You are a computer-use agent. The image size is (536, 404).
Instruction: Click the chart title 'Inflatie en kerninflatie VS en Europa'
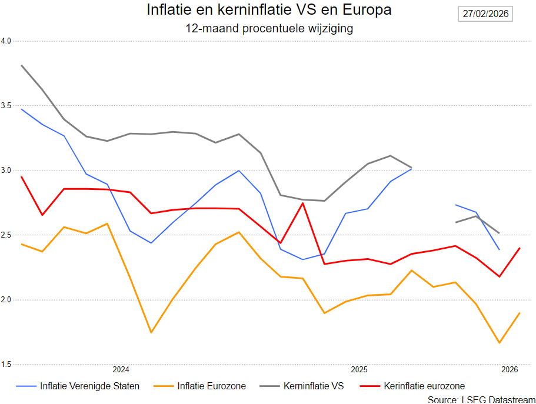click(268, 11)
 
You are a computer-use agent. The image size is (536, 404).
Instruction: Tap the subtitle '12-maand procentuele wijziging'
click(269, 28)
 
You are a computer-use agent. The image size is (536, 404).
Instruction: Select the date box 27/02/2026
click(485, 14)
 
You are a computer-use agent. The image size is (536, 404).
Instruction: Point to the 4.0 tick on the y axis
click(6, 41)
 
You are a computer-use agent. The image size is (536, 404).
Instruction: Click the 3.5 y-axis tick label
click(6, 106)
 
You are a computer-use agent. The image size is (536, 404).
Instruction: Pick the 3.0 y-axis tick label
click(6, 171)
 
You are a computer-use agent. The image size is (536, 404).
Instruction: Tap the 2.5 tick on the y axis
click(6, 235)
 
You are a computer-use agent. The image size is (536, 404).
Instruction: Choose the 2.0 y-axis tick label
click(6, 300)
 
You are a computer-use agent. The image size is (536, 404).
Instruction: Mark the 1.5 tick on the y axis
click(6, 365)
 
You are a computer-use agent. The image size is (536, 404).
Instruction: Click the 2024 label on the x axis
click(121, 370)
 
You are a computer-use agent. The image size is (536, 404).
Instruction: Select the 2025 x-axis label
click(359, 370)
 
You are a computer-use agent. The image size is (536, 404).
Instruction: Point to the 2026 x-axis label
click(510, 370)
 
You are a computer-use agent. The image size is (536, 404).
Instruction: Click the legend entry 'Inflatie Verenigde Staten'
click(89, 386)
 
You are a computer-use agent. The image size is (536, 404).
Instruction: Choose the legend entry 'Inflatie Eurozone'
click(211, 386)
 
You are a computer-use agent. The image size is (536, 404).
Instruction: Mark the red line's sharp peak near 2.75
click(302, 203)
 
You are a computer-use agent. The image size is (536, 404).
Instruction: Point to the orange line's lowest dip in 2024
click(151, 332)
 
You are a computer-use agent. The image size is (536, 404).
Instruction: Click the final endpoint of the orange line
click(520, 313)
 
